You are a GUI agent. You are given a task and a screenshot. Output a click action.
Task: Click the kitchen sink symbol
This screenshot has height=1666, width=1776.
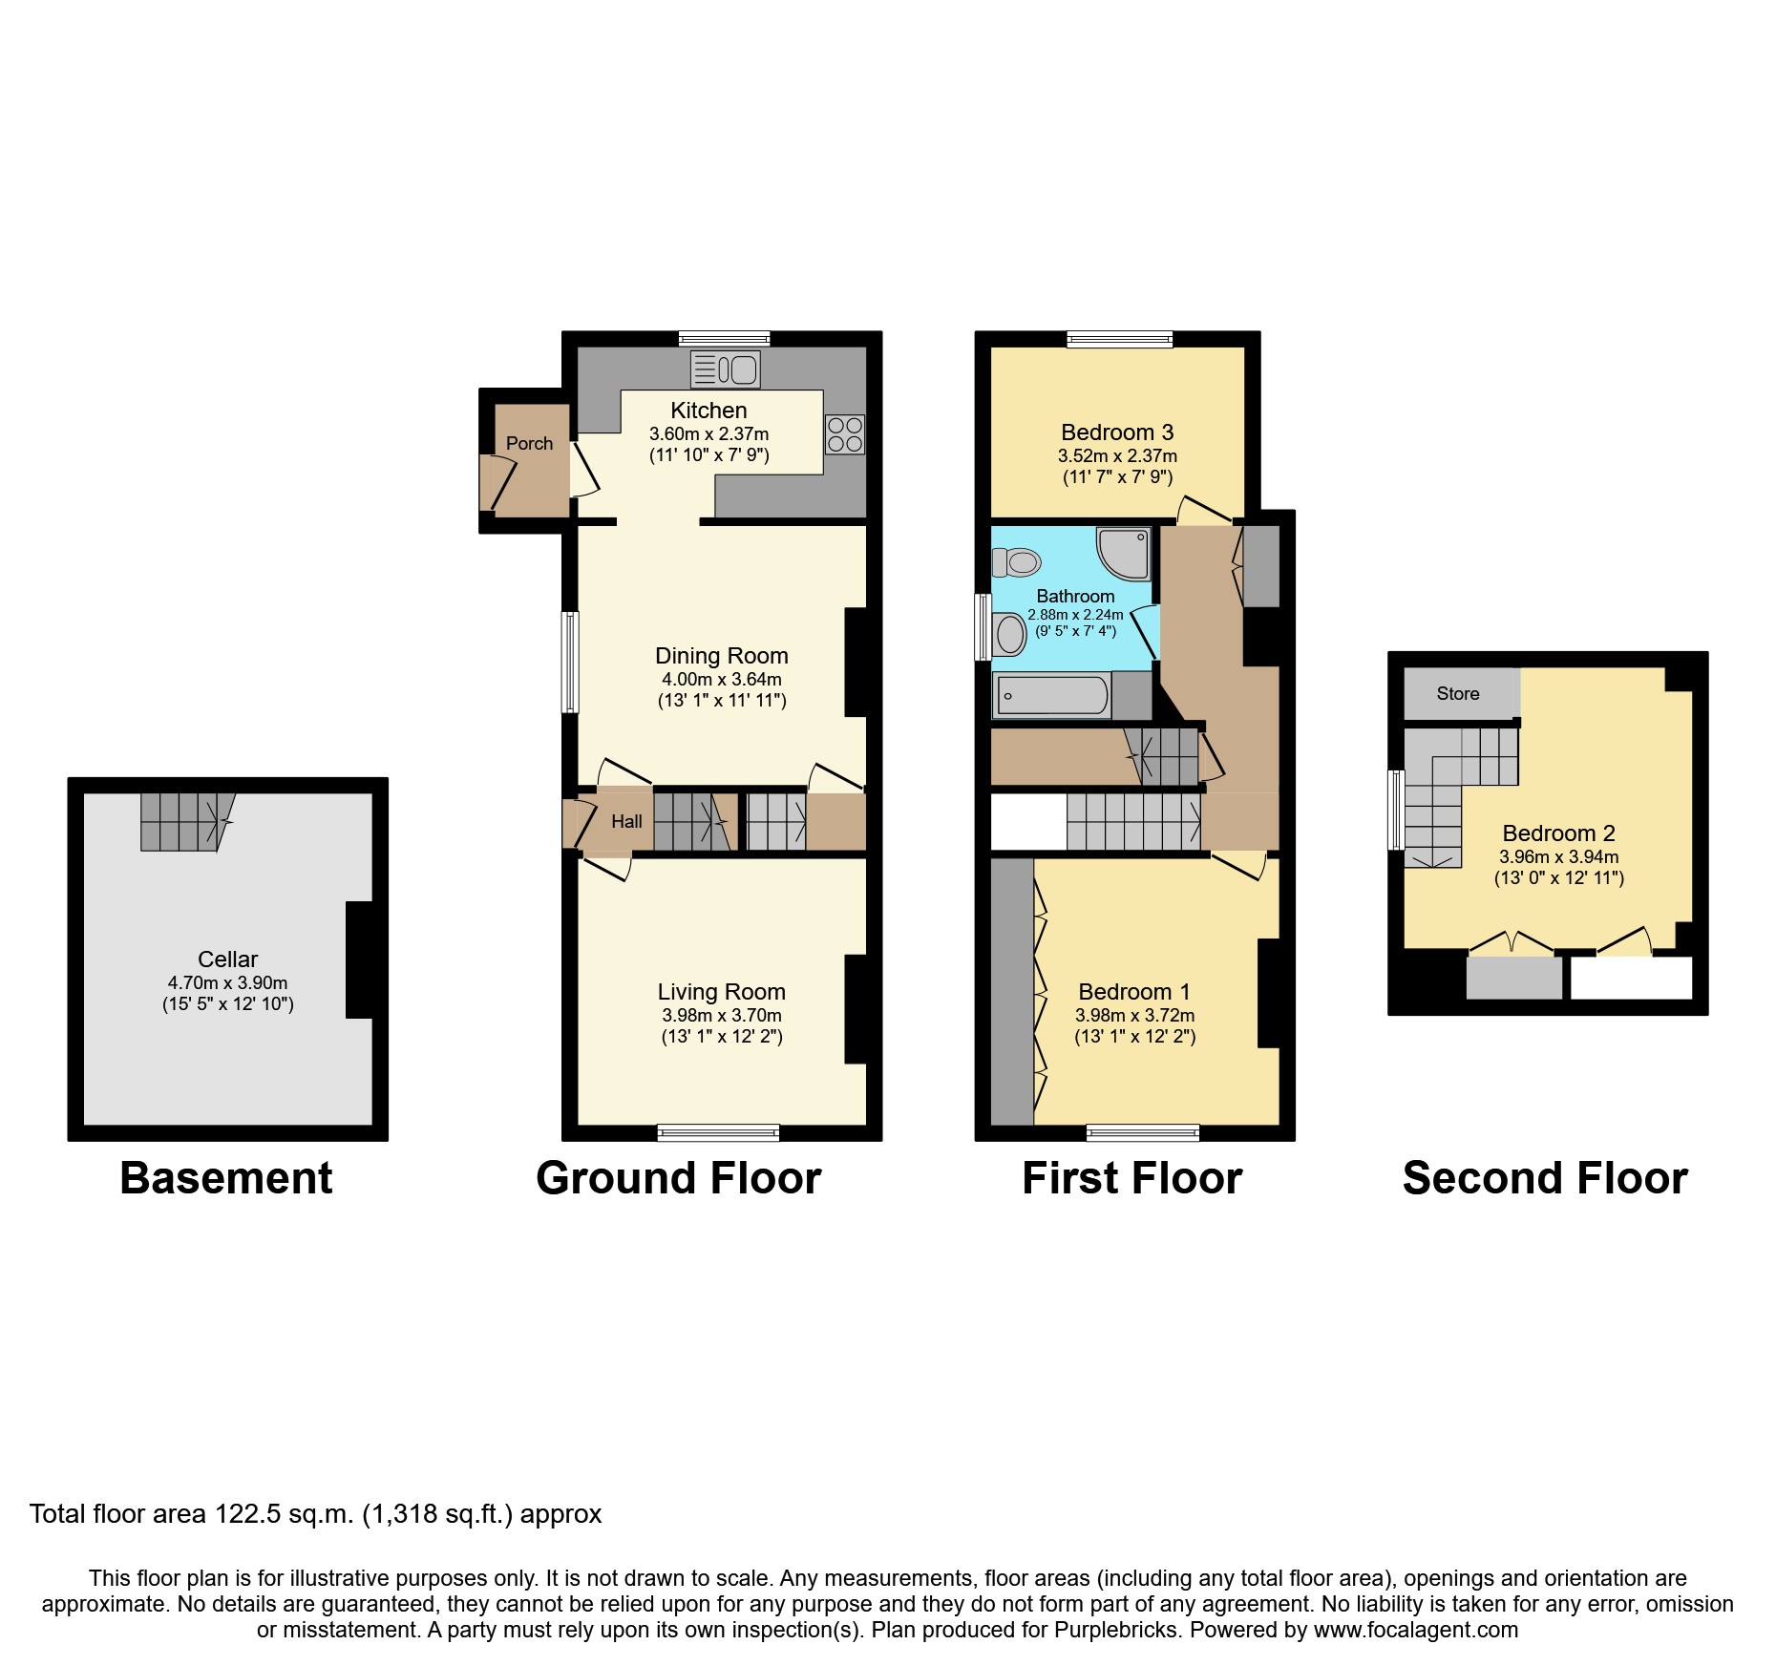[726, 369]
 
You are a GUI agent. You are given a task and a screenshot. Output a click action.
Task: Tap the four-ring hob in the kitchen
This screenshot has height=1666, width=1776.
[845, 434]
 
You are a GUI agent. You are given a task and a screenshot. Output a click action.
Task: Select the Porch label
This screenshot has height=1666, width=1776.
[529, 443]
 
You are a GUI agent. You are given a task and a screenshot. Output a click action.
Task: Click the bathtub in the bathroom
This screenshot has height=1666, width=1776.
[1052, 695]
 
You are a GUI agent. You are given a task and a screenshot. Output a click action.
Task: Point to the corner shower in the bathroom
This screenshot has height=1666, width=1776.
[1125, 554]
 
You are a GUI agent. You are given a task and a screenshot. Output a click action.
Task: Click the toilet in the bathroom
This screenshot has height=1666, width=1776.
[1016, 562]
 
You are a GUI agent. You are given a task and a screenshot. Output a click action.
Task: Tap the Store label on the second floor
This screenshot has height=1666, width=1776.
[1457, 694]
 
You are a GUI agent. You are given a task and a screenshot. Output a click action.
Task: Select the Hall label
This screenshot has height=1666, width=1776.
[626, 821]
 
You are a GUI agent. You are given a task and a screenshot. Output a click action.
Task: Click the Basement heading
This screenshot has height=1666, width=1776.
[226, 1178]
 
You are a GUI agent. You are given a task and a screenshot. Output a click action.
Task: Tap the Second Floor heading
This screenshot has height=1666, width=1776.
[1544, 1178]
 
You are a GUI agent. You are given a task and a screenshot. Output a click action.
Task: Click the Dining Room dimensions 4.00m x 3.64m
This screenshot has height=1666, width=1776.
[722, 680]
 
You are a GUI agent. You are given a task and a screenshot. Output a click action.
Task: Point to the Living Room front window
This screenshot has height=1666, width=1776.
[718, 1133]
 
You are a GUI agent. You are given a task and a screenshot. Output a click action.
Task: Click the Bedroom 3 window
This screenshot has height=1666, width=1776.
[1119, 339]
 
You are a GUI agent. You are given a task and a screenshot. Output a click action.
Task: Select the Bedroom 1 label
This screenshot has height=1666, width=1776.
[1134, 992]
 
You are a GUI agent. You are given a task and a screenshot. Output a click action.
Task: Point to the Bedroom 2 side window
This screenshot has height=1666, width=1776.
[1395, 810]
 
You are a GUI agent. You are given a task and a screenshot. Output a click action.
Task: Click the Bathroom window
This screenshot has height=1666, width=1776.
[982, 627]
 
